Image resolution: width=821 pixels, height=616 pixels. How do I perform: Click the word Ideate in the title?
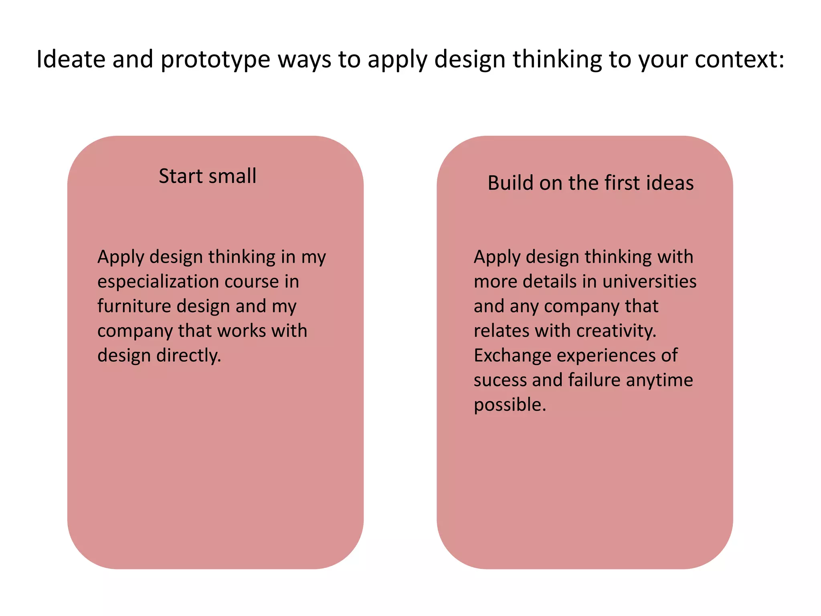coord(71,59)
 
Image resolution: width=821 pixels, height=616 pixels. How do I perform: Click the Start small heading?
coord(207,176)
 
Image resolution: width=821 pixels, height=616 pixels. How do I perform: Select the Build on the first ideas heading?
coord(590,183)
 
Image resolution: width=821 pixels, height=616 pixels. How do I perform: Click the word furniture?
coord(133,306)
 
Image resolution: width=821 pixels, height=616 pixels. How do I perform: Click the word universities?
coord(649,282)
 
